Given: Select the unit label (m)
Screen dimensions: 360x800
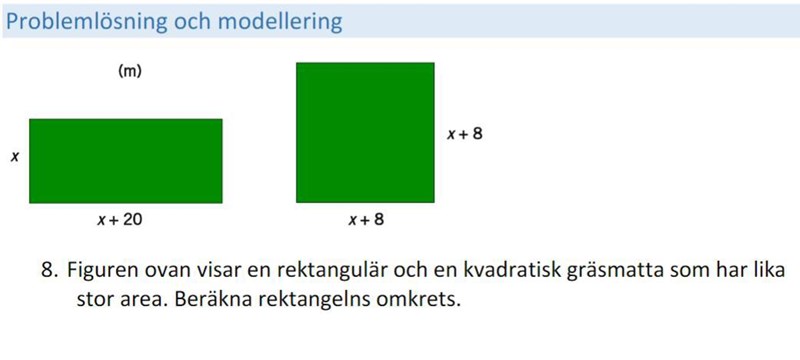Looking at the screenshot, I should pyautogui.click(x=129, y=72).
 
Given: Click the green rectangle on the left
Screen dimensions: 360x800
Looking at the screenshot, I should pyautogui.click(x=125, y=160).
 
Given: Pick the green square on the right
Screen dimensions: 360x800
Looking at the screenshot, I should pyautogui.click(x=365, y=132).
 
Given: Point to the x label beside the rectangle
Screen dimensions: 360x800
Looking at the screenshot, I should pyautogui.click(x=15, y=157).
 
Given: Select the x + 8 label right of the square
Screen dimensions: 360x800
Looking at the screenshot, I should pyautogui.click(x=464, y=132).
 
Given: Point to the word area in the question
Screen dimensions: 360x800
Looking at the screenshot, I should pyautogui.click(x=140, y=299).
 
